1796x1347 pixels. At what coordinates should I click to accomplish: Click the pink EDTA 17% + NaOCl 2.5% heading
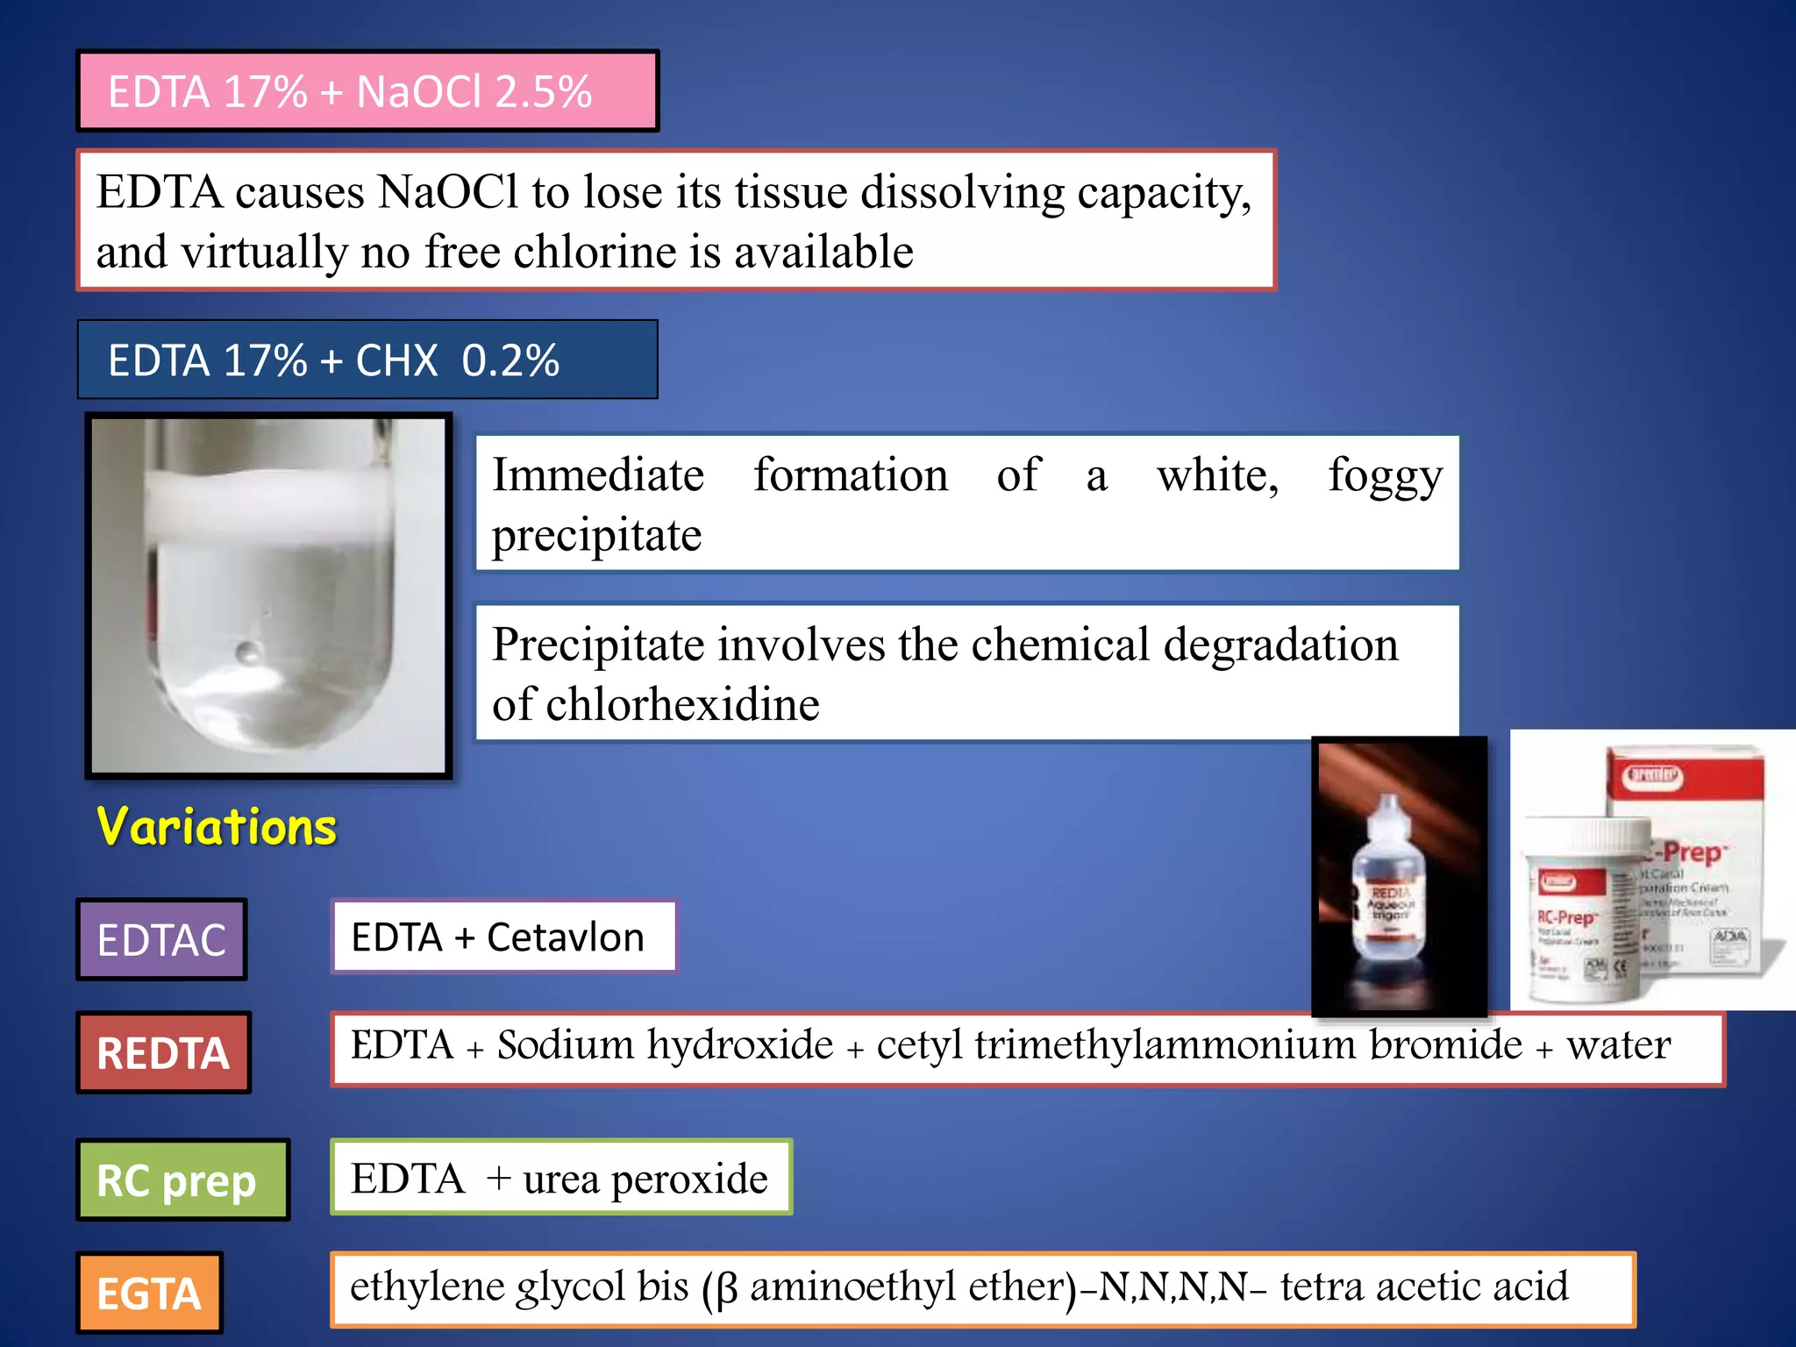(367, 91)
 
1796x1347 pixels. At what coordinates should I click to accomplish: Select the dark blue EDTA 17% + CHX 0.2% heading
(367, 360)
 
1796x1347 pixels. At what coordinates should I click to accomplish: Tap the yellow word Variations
(217, 827)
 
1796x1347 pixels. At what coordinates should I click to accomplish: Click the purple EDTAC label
(161, 939)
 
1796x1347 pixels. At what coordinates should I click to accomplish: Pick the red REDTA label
(163, 1052)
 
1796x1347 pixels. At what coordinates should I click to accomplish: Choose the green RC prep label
(182, 1180)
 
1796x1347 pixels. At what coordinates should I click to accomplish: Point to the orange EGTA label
(149, 1293)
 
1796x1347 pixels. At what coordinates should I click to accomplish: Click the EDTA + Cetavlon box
(502, 937)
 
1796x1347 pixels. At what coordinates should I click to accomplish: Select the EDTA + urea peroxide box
(560, 1178)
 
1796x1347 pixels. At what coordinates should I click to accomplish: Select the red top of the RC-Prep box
(1684, 776)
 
